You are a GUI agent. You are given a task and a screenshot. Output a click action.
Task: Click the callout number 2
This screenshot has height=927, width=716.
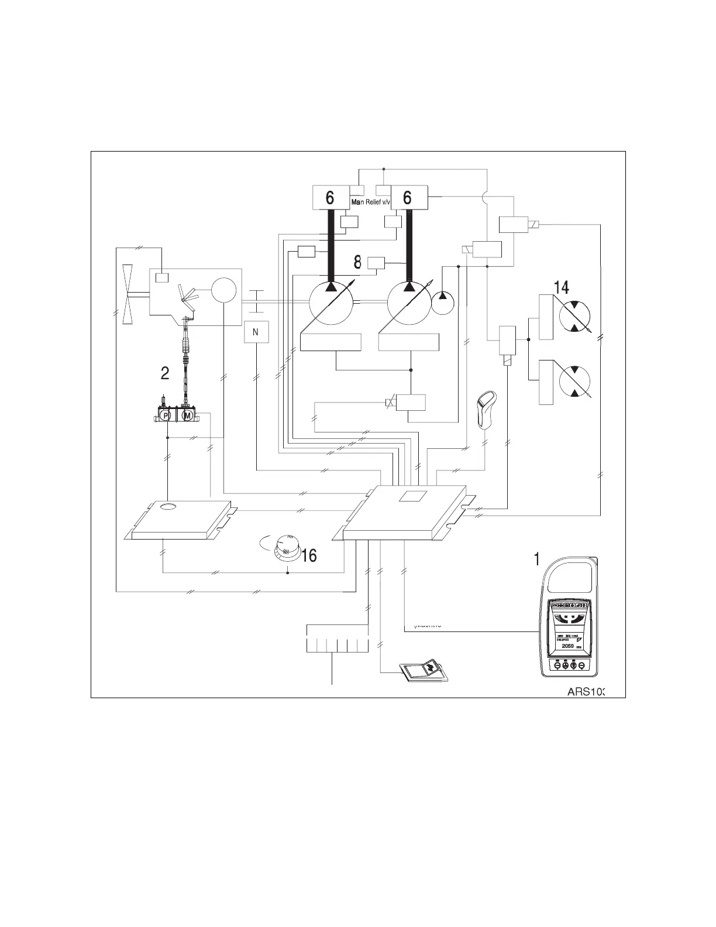point(165,373)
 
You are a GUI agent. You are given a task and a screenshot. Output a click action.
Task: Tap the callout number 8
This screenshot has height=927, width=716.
point(357,263)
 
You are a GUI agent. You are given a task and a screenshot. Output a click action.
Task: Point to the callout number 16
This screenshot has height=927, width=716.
point(309,555)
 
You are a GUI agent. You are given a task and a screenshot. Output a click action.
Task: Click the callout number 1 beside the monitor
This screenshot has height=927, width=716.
point(536,559)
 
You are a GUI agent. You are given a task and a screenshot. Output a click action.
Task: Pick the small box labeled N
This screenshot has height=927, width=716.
point(256,332)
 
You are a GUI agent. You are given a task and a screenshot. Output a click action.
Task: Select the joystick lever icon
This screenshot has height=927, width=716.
point(485,412)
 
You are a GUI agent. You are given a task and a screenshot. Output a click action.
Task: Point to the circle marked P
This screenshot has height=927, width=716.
point(166,415)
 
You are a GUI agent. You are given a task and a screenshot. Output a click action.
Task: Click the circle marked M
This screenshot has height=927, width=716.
point(188,415)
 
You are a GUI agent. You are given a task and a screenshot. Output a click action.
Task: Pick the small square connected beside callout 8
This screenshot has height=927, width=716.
point(376,264)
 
